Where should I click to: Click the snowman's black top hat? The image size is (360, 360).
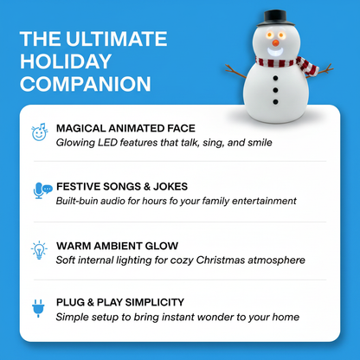tap(275, 18)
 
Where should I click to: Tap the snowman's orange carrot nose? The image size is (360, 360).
tap(276, 43)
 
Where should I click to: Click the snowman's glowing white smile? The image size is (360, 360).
tap(275, 53)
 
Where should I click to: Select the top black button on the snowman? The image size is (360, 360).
tap(275, 78)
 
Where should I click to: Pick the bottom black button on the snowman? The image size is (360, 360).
tap(275, 102)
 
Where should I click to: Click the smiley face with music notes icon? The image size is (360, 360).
tap(40, 132)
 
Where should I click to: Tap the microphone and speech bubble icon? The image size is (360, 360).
tap(42, 190)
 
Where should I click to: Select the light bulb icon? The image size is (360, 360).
tap(39, 250)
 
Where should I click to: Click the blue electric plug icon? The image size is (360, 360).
tap(38, 308)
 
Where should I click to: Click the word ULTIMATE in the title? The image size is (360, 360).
tap(117, 39)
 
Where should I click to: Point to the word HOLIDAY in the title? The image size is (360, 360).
tap(66, 61)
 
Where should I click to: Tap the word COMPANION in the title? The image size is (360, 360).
tap(86, 84)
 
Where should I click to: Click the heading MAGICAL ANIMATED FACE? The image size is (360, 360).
tap(125, 128)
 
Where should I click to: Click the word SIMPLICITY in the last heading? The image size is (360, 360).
tap(155, 302)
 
